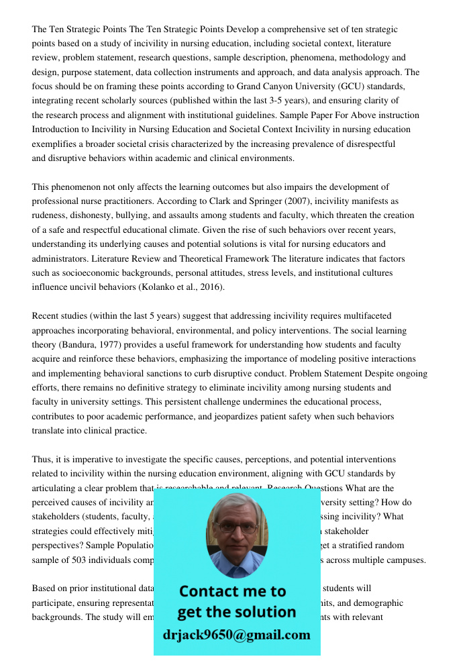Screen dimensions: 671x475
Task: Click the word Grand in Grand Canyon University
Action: [x=252, y=87]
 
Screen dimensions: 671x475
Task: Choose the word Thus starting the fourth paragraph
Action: [x=42, y=460]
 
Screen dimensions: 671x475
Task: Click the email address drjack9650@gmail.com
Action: [x=237, y=634]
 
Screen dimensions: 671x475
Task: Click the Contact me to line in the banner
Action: [x=232, y=591]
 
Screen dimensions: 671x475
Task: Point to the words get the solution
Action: [x=236, y=612]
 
